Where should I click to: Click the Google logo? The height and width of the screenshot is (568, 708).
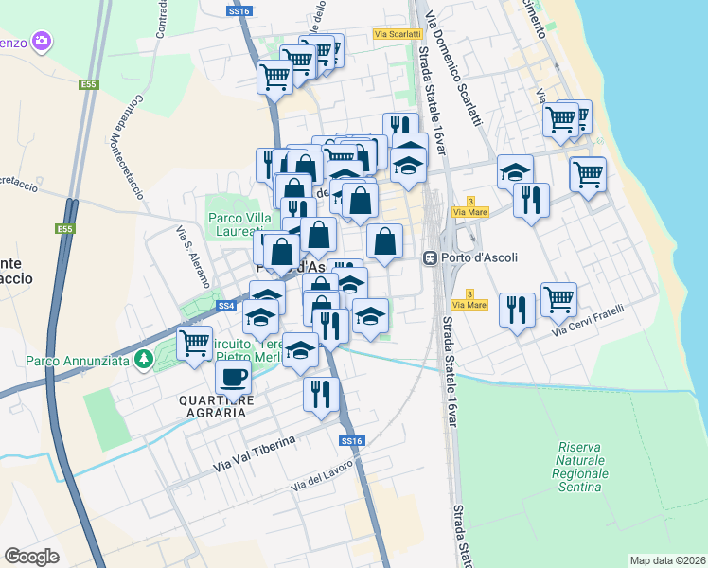point(32,557)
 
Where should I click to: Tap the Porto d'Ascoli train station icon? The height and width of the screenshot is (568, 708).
point(430,257)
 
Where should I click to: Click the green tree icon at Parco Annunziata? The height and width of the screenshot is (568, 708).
point(143,359)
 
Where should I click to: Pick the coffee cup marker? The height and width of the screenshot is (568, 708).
point(233,378)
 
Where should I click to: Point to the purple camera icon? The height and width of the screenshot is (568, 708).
point(40,41)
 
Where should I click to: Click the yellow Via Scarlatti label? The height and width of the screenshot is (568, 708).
point(394,34)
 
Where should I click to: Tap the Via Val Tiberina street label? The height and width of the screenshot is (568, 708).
point(255,453)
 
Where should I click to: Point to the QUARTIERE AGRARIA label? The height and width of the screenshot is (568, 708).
point(217,407)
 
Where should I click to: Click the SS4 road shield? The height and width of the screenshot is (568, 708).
point(225,306)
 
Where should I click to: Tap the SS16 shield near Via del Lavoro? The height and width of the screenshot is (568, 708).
point(351,441)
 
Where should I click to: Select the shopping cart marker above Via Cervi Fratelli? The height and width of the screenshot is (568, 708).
point(558,298)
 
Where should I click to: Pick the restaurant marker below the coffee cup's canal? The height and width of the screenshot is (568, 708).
point(321,392)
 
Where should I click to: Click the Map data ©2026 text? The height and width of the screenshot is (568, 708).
point(667,560)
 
